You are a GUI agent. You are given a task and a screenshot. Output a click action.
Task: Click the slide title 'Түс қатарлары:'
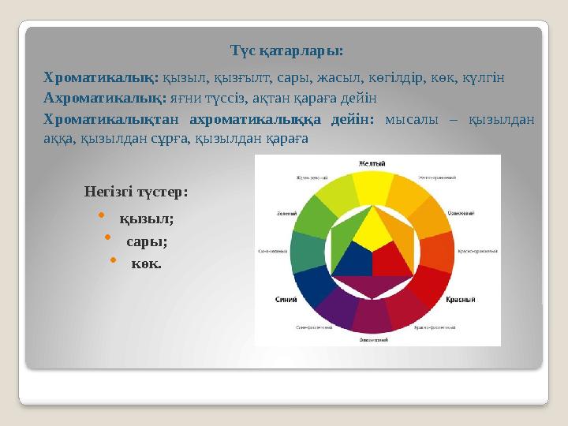286,50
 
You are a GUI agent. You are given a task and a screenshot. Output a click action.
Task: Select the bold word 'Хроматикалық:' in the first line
101,78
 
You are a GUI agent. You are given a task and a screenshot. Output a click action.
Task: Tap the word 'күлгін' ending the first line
484,78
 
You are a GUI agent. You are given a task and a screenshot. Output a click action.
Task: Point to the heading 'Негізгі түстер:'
136,192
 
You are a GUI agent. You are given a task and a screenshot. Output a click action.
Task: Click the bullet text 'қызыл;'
147,218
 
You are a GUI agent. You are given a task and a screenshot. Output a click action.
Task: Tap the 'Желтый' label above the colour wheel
372,163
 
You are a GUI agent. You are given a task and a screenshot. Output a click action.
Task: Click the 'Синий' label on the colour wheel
286,300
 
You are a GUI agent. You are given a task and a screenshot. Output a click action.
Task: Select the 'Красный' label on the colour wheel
460,301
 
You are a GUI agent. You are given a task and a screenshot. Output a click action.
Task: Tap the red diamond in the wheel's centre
391,260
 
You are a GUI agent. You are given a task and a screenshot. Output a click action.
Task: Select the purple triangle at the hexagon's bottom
372,286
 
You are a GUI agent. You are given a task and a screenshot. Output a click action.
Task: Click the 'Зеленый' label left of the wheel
286,213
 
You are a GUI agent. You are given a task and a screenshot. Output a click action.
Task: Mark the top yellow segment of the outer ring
372,188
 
